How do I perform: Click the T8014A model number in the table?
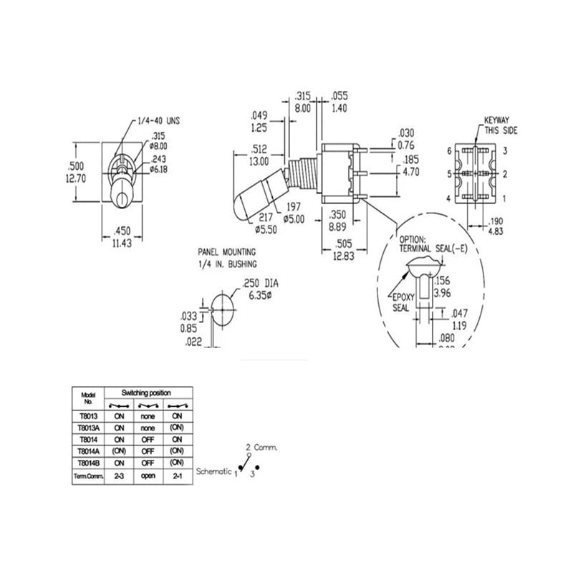(x=88, y=451)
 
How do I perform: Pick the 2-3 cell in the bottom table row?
(x=119, y=476)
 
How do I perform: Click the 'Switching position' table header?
(x=146, y=393)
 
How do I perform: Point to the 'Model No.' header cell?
(x=89, y=398)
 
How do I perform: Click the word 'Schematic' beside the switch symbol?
(x=213, y=471)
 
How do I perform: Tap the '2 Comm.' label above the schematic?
(x=261, y=447)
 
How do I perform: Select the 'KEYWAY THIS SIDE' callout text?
(x=500, y=125)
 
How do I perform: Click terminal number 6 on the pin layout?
(x=449, y=150)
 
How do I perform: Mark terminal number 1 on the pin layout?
(x=505, y=198)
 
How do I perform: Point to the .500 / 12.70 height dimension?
(x=76, y=173)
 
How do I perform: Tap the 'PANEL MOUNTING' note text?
(x=226, y=253)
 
